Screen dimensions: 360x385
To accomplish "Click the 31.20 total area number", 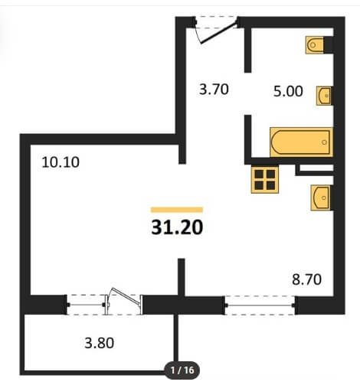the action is coord(177,227).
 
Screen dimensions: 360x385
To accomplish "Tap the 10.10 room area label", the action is coord(61,162).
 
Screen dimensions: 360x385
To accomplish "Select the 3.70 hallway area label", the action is coord(214,90).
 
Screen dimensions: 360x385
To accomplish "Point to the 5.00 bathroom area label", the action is coord(288,91).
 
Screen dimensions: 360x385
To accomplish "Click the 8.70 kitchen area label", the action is coord(306,279).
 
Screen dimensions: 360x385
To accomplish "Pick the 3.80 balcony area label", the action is coord(99,343).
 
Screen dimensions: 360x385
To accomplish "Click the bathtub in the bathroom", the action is coord(301,142).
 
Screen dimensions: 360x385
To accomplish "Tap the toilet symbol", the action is coord(315,45).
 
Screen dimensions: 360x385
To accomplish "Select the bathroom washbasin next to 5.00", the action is coord(324,96).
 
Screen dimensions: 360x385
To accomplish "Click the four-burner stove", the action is coord(265,179).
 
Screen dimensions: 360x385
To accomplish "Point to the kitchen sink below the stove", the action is coord(320,197).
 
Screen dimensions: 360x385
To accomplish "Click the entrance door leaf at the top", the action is coord(219,33).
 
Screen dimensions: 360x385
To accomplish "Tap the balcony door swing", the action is coord(124,296).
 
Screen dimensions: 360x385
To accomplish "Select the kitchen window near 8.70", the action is coord(260,305).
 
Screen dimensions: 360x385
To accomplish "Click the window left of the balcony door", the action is coord(86,305).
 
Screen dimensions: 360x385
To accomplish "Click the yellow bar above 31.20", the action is coord(177,210).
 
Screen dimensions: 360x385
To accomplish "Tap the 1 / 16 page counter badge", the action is coord(182,370).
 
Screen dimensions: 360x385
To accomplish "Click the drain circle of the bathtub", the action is coord(324,142).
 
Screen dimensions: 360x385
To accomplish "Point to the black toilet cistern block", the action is coord(329,45).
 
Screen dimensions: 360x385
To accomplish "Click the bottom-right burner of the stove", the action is coord(270,185).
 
